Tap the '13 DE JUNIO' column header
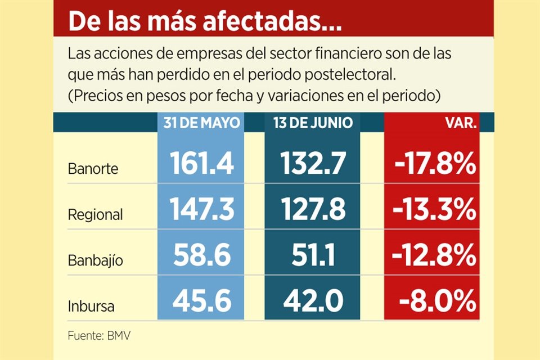(x=313, y=123)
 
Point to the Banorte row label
(x=93, y=168)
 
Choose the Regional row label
(x=95, y=214)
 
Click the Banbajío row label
(x=95, y=261)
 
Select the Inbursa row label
(x=91, y=307)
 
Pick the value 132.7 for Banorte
(x=313, y=163)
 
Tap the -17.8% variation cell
(x=432, y=163)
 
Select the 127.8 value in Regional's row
(x=313, y=210)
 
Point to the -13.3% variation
(x=432, y=210)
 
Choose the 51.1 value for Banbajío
(x=313, y=256)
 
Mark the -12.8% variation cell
(x=432, y=256)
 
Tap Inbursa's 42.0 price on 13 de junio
(x=313, y=302)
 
